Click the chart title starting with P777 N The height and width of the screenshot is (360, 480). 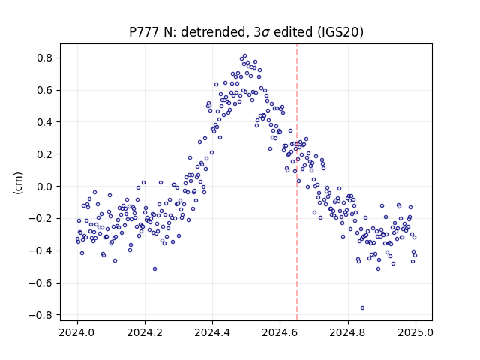[x=246, y=32]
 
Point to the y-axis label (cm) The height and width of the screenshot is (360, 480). [x=18, y=183]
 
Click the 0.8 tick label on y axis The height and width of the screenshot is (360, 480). [x=44, y=58]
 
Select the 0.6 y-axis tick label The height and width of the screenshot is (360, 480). [x=44, y=90]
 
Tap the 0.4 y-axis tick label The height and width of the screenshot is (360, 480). [x=44, y=122]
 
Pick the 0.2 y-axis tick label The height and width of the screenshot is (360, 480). [x=44, y=154]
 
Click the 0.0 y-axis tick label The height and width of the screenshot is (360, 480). [x=44, y=187]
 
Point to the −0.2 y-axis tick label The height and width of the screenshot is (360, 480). [x=40, y=218]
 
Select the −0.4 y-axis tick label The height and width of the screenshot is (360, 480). [x=40, y=250]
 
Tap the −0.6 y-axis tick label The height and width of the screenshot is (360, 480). [x=40, y=283]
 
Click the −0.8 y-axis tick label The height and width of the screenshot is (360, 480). [x=40, y=315]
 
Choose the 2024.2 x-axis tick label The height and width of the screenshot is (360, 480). [x=145, y=332]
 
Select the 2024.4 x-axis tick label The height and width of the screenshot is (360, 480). [x=212, y=332]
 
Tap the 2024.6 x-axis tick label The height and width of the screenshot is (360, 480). [x=280, y=332]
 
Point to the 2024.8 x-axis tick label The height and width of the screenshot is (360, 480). [x=348, y=332]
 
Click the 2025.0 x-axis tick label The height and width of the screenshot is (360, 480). [x=415, y=332]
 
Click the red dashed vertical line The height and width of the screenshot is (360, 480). [x=297, y=182]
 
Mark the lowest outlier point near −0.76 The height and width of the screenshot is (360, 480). [x=362, y=308]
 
